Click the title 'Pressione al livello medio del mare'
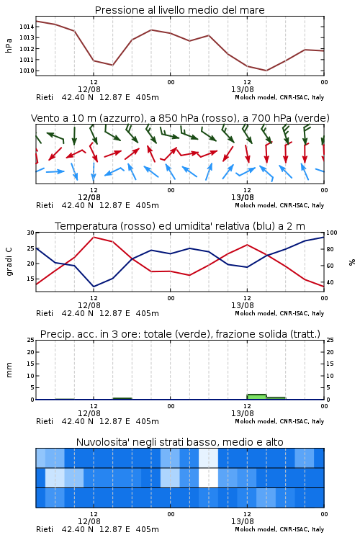click(179, 10)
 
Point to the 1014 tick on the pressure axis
click(27, 27)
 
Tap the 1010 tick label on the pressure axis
click(27, 71)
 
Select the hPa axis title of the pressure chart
click(9, 45)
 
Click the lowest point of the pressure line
click(266, 71)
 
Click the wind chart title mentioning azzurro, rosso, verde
click(180, 118)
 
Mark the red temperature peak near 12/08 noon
click(94, 237)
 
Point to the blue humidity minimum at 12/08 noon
click(94, 287)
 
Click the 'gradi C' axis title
click(9, 261)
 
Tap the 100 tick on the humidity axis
click(332, 233)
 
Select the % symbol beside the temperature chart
click(352, 262)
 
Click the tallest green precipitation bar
click(256, 397)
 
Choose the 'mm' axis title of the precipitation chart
click(9, 370)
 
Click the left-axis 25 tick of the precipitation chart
click(31, 340)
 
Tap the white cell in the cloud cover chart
click(208, 477)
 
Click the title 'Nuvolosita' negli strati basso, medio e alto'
click(179, 442)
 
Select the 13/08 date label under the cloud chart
click(243, 521)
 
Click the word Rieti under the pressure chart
click(45, 97)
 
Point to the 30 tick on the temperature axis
click(31, 233)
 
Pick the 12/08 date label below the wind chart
click(89, 198)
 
